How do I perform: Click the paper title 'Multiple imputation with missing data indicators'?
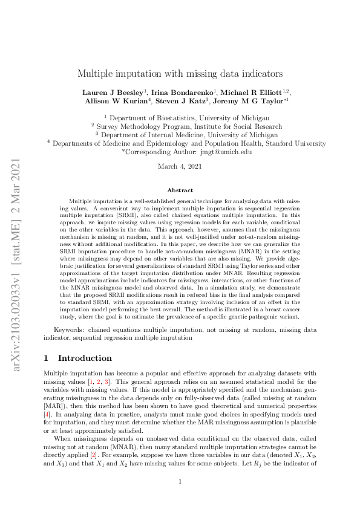[180, 73]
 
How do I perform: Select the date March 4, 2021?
[179, 166]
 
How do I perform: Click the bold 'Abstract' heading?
[180, 190]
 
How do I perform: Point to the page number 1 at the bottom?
[180, 482]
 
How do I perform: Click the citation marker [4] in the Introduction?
[47, 400]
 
